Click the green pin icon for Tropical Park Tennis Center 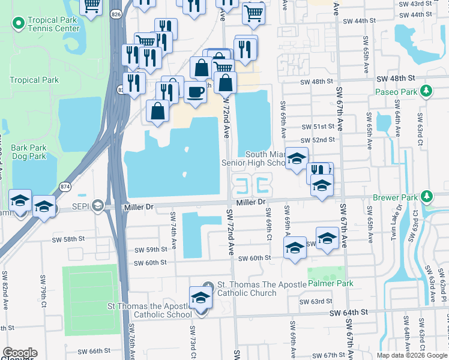18,23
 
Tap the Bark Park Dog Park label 29,152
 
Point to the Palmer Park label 330,283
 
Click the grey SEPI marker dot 101,207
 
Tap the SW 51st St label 318,127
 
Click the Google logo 19,353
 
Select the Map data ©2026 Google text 411,355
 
